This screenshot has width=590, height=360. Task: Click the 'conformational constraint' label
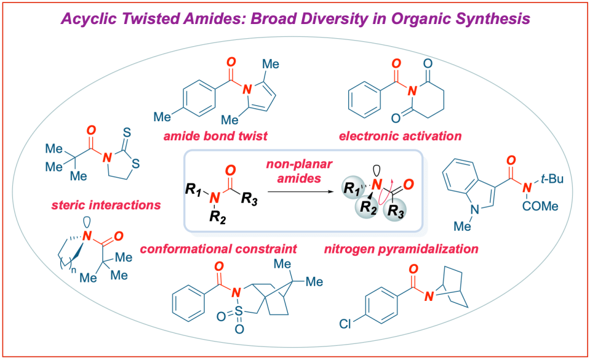(x=219, y=249)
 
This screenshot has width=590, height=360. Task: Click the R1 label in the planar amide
(x=194, y=185)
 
